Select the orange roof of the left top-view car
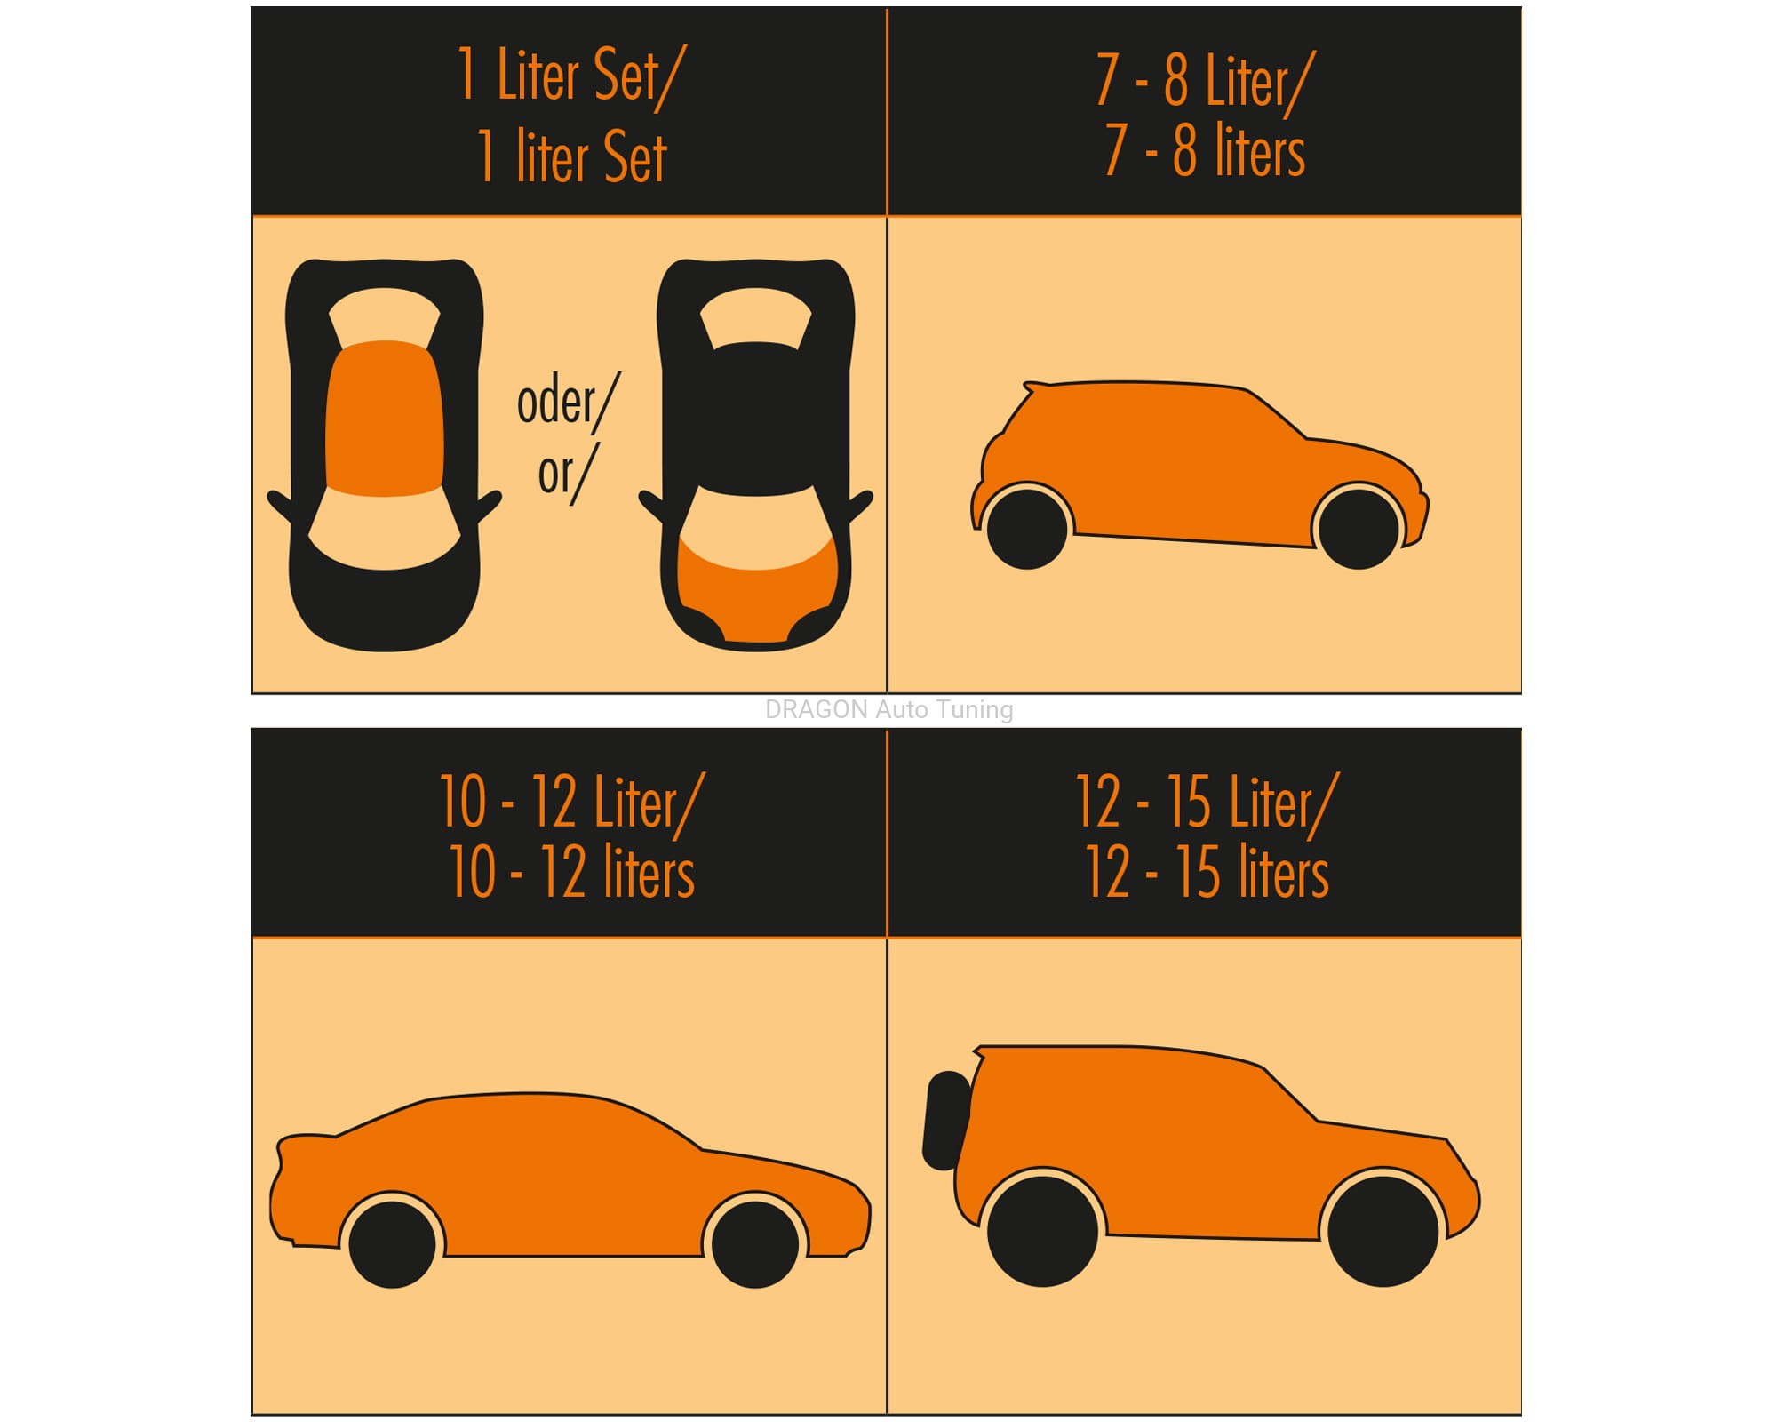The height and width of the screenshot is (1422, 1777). pyautogui.click(x=385, y=419)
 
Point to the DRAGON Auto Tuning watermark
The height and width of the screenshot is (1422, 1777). pyautogui.click(x=888, y=709)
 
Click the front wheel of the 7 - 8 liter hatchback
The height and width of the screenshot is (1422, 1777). pyautogui.click(x=1359, y=527)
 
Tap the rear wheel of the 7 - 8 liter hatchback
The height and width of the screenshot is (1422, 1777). pyautogui.click(x=1027, y=528)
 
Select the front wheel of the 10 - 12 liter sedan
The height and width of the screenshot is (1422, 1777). pyautogui.click(x=755, y=1244)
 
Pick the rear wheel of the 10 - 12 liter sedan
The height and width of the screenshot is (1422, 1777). pyautogui.click(x=392, y=1244)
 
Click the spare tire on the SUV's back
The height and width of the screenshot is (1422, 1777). pyautogui.click(x=947, y=1121)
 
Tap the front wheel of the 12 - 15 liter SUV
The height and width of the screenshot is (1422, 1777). pyautogui.click(x=1383, y=1231)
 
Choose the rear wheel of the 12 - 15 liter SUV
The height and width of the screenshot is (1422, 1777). pyautogui.click(x=1042, y=1231)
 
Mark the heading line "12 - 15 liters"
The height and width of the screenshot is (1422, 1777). pyautogui.click(x=1207, y=872)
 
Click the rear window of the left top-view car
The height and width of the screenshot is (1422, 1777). pyautogui.click(x=385, y=316)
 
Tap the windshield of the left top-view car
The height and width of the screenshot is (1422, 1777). pyautogui.click(x=385, y=529)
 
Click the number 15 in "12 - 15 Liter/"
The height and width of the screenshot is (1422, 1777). pyautogui.click(x=1188, y=802)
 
